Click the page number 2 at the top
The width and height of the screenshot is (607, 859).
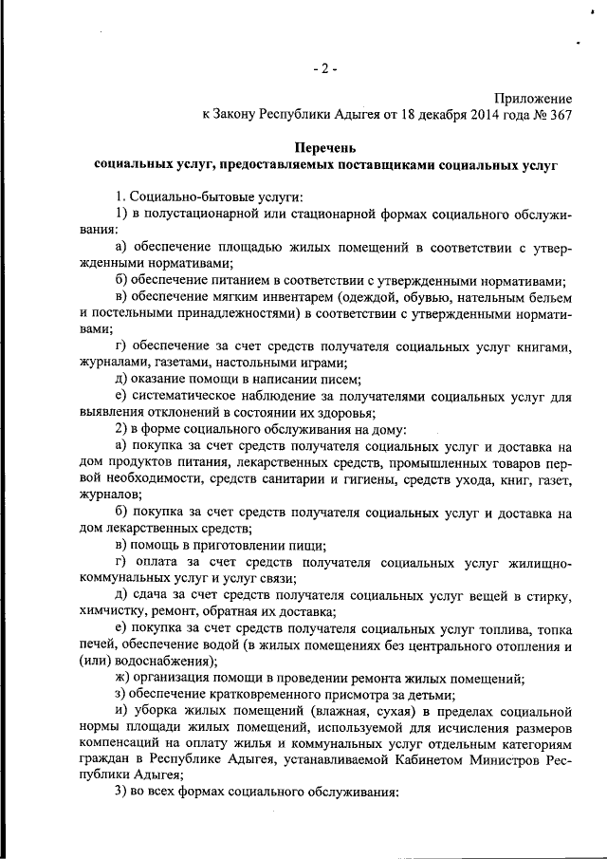[322, 70]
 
